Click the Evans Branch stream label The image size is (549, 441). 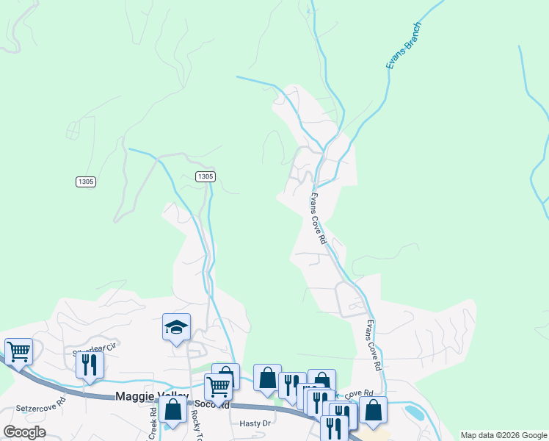pos(404,46)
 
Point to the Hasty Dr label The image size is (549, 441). pos(256,423)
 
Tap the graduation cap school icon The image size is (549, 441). pos(176,327)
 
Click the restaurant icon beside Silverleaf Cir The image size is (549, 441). pos(90,364)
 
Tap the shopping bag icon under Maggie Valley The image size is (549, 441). pos(172,409)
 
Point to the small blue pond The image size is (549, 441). pos(413,412)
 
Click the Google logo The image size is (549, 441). pos(24,432)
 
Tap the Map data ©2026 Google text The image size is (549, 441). pos(503,435)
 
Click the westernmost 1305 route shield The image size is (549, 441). pos(85,181)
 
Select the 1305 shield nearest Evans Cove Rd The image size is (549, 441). pos(206,176)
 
